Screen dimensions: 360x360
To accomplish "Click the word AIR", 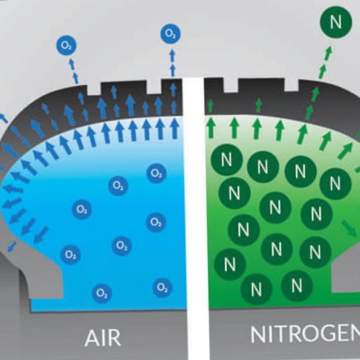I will [x=103, y=337].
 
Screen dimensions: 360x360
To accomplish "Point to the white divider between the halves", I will [x=195, y=210].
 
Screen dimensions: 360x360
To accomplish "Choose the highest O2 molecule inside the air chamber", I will [x=156, y=173].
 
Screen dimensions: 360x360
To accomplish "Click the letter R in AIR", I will [x=114, y=337].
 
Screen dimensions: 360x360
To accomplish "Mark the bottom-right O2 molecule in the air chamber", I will [x=162, y=287].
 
